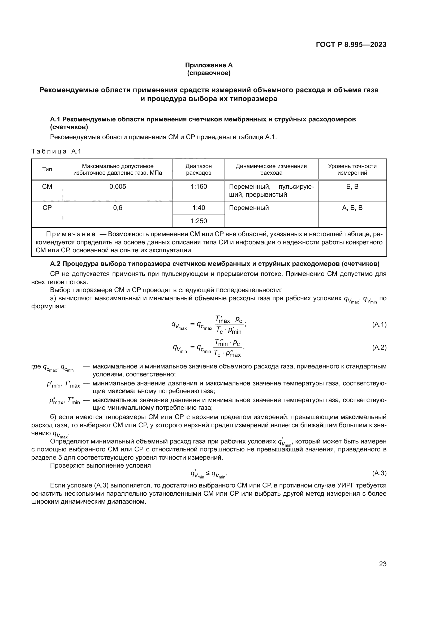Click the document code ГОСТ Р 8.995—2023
pyautogui.click(x=351, y=45)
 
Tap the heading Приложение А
pyautogui.click(x=209, y=65)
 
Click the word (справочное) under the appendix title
pyautogui.click(x=209, y=73)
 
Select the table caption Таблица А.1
pyautogui.click(x=56, y=151)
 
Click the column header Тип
pyautogui.click(x=47, y=169)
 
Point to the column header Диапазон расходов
pyautogui.click(x=199, y=169)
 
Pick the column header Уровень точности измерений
pyautogui.click(x=352, y=169)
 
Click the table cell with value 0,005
pyautogui.click(x=118, y=187)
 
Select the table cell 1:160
pyautogui.click(x=199, y=187)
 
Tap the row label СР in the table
pyautogui.click(x=47, y=208)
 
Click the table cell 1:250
pyautogui.click(x=199, y=221)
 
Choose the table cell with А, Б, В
pyautogui.click(x=352, y=208)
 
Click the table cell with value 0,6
pyautogui.click(x=118, y=208)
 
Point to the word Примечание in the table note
pyautogui.click(x=71, y=234)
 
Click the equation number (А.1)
pyautogui.click(x=379, y=325)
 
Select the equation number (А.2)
pyautogui.click(x=379, y=348)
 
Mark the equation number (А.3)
pyautogui.click(x=379, y=473)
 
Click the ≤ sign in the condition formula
pyautogui.click(x=208, y=473)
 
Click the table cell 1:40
pyautogui.click(x=199, y=208)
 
